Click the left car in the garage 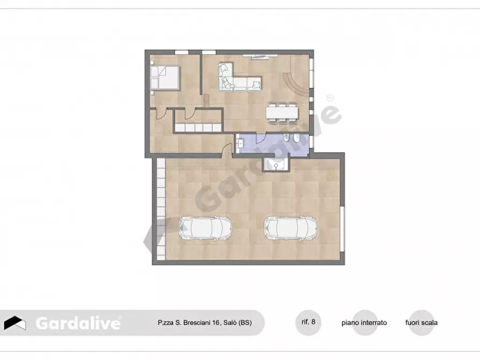click(205, 228)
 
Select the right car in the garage click(290, 228)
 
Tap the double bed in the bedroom click(165, 77)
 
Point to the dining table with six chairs click(282, 112)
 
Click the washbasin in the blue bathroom click(240, 143)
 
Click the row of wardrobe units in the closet click(197, 127)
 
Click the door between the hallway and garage click(226, 153)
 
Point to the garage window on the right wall click(342, 228)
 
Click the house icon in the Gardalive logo click(15, 323)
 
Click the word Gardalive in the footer click(78, 323)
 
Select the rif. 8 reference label click(309, 322)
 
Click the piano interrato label click(364, 323)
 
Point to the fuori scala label click(421, 323)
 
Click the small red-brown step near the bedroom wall click(206, 100)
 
